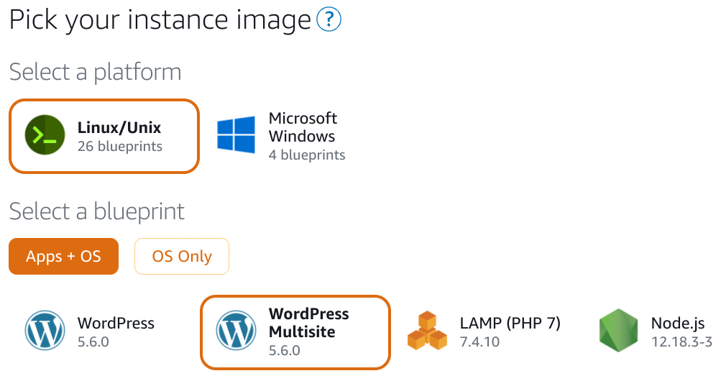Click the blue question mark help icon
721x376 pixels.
[329, 19]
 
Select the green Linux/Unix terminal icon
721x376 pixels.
[45, 134]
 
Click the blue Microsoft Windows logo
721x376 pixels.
[236, 134]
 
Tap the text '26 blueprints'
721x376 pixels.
[119, 146]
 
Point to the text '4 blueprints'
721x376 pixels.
[307, 155]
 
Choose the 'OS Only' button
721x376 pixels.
[182, 256]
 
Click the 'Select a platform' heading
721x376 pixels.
[95, 72]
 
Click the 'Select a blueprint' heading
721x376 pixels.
[96, 211]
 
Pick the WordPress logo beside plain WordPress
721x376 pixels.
[45, 331]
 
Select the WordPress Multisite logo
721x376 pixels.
[236, 331]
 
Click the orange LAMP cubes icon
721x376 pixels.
[427, 331]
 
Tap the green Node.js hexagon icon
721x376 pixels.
[618, 331]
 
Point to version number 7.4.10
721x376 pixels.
[479, 342]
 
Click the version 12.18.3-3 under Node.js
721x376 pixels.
[681, 342]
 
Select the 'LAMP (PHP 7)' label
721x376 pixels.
[510, 323]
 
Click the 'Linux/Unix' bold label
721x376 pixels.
[119, 127]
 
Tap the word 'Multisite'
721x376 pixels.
[302, 332]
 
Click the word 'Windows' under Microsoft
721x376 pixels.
[302, 137]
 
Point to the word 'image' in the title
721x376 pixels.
[273, 21]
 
